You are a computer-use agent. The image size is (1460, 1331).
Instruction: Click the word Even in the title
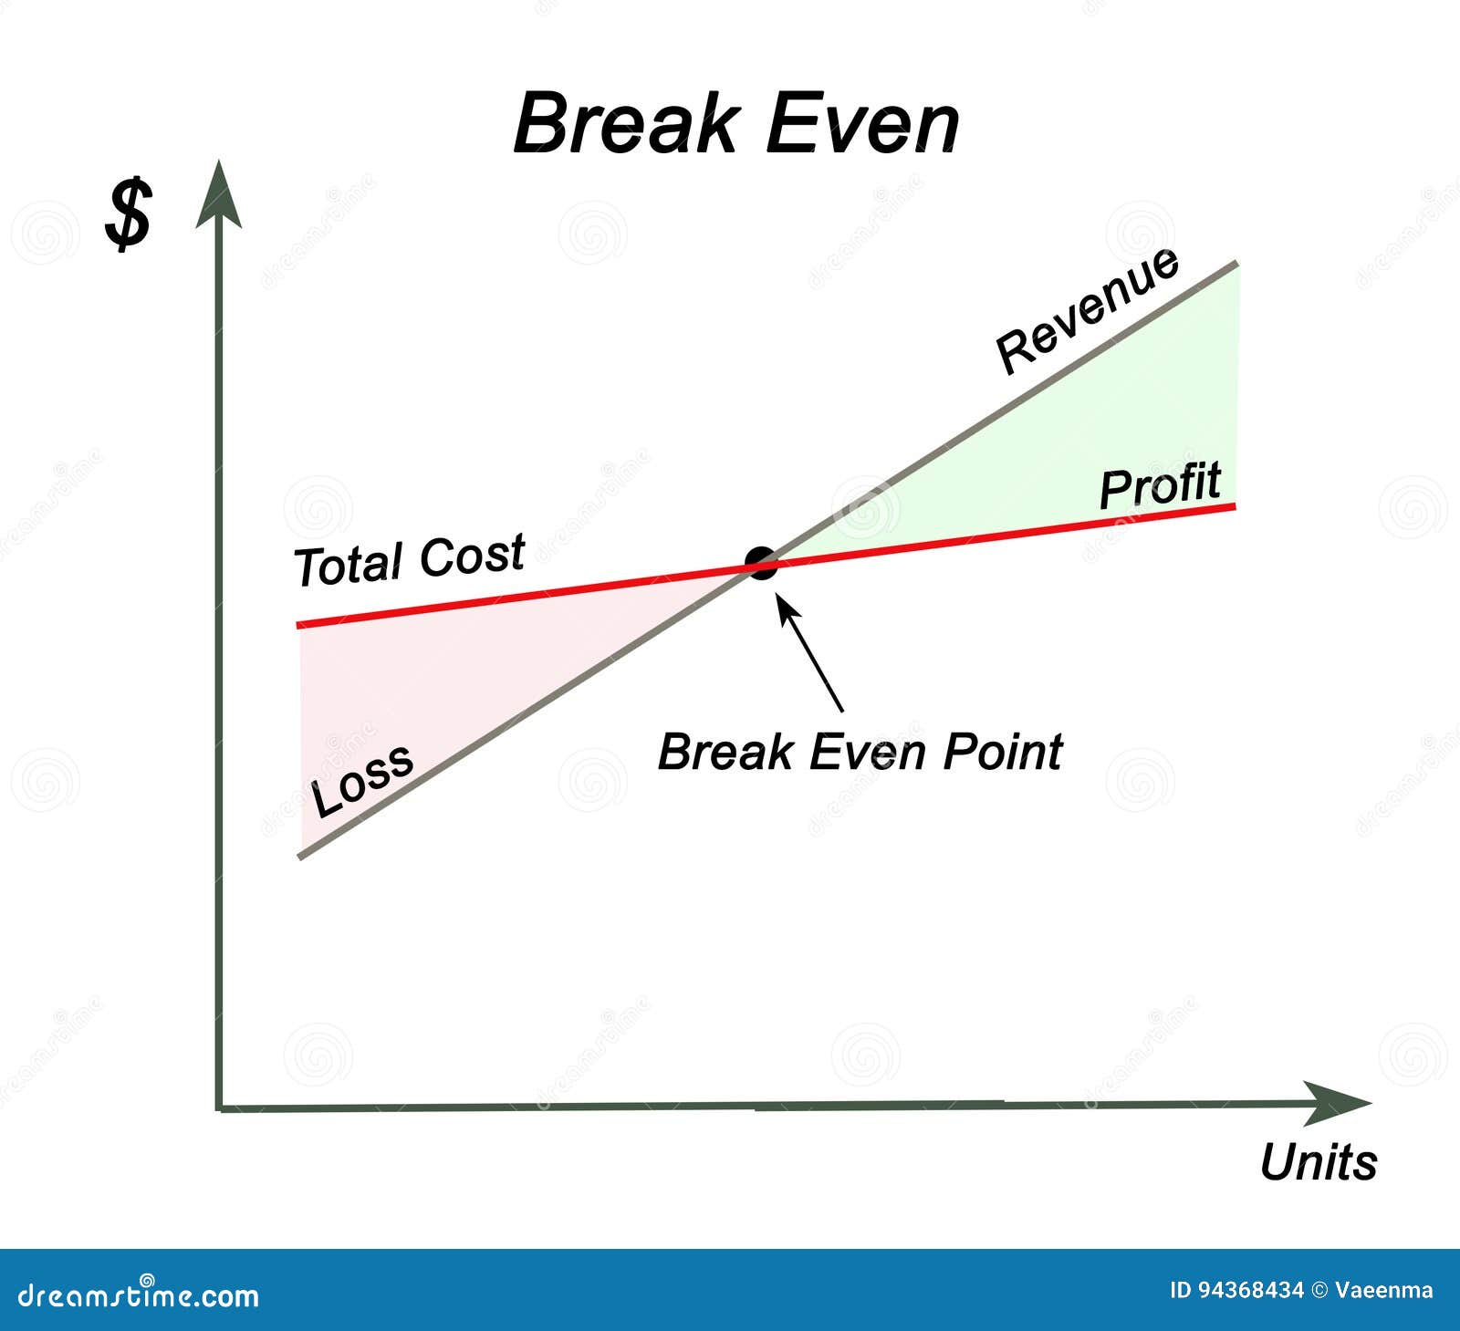pyautogui.click(x=862, y=123)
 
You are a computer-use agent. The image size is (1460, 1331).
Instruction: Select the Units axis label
pyautogui.click(x=1318, y=1162)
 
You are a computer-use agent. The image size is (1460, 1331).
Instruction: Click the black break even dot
pyautogui.click(x=760, y=564)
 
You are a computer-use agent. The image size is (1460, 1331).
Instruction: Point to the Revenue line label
pyautogui.click(x=1087, y=309)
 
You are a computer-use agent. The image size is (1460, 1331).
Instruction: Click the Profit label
pyautogui.click(x=1160, y=484)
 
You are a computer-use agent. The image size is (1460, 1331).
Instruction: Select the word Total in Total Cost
pyautogui.click(x=348, y=566)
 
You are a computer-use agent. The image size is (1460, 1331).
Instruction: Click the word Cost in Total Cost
pyautogui.click(x=472, y=555)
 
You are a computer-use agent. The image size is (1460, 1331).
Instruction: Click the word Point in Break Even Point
pyautogui.click(x=1002, y=752)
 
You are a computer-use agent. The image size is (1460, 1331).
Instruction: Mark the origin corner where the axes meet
pyautogui.click(x=220, y=1108)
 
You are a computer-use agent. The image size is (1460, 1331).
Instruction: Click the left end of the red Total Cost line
pyautogui.click(x=300, y=625)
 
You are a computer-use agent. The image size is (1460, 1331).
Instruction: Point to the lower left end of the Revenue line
pyautogui.click(x=301, y=857)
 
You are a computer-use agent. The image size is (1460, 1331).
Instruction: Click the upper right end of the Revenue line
pyautogui.click(x=1236, y=265)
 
